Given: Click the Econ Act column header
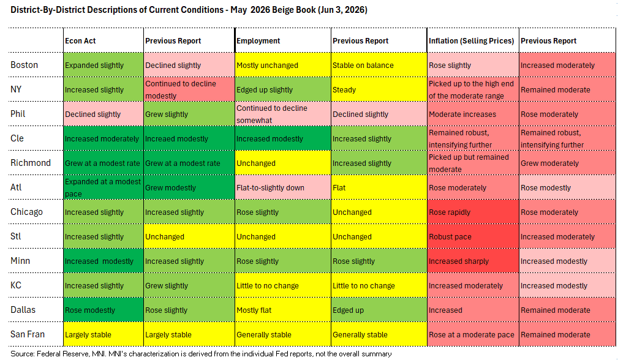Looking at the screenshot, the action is tap(80, 40).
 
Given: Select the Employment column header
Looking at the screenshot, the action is tap(258, 40).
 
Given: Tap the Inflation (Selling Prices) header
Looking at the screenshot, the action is tap(472, 40).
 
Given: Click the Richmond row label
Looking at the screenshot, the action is tap(31, 163).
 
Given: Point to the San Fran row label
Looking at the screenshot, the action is tap(28, 334).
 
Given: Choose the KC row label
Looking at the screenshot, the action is tap(16, 285).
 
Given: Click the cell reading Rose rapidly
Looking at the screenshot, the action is tap(473, 212).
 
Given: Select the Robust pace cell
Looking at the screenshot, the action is tap(473, 236).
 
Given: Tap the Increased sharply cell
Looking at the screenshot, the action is tap(473, 261).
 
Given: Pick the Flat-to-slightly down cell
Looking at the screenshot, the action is tap(282, 187).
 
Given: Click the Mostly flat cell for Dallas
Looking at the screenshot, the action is tap(282, 310).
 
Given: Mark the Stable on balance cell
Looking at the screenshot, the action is tap(379, 65).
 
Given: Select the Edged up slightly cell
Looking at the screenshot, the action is tap(282, 89).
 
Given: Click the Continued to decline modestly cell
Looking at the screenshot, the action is tap(189, 89).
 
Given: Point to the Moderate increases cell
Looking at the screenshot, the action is tap(473, 114).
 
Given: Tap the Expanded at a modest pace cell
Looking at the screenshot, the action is tap(104, 187).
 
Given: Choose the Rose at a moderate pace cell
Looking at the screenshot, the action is tap(473, 334).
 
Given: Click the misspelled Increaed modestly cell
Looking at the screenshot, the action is tap(189, 138).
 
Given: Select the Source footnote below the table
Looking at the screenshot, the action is tap(201, 354).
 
